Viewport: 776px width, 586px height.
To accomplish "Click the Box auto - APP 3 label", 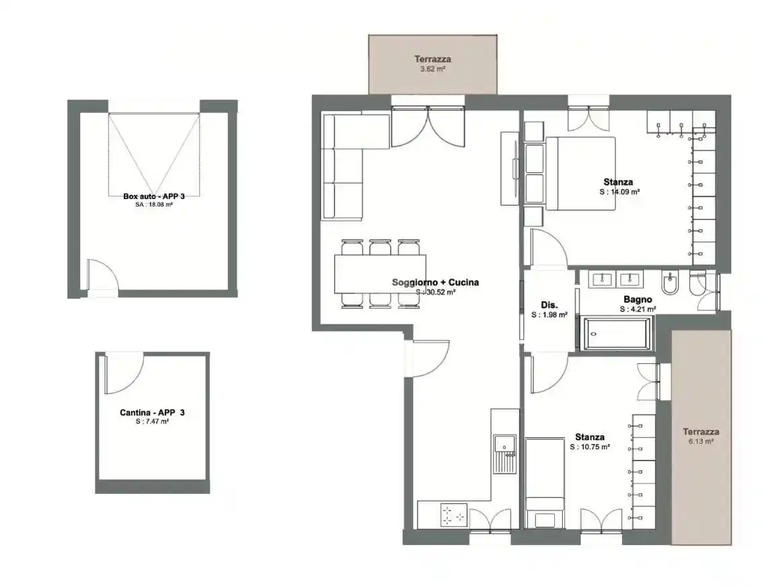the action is [154, 196].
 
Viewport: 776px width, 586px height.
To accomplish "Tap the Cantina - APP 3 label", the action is [152, 412].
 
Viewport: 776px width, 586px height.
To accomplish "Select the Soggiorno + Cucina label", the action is [435, 283].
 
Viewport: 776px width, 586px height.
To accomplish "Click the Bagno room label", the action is [637, 299].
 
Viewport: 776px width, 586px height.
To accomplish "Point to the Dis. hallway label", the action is [549, 305].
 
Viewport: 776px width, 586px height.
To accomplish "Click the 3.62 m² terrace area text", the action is [432, 69].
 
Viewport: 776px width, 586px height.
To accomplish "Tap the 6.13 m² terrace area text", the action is [701, 441].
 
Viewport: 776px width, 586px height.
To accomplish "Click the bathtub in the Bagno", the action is [617, 334].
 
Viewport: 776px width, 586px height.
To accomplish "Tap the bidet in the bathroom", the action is [670, 282].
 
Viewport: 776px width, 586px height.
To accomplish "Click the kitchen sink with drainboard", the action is [504, 453].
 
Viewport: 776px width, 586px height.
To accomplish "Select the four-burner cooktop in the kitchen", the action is [453, 515].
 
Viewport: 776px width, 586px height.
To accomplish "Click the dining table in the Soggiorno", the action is [380, 274].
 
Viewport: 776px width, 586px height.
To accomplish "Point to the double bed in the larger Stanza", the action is [580, 174].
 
